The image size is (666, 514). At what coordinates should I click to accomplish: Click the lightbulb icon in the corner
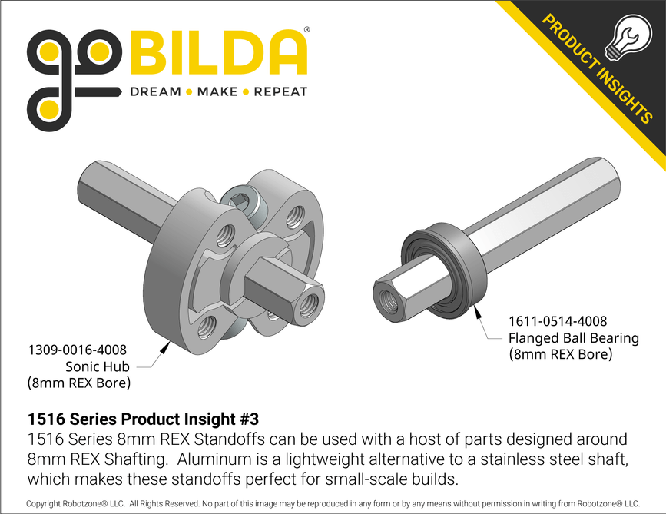pyautogui.click(x=623, y=39)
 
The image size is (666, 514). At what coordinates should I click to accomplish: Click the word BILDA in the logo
pyautogui.click(x=220, y=53)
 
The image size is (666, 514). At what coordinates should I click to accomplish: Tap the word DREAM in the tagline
pyautogui.click(x=156, y=92)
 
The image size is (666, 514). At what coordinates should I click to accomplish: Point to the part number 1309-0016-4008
pyautogui.click(x=77, y=350)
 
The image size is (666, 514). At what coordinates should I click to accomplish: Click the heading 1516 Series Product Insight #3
pyautogui.click(x=143, y=419)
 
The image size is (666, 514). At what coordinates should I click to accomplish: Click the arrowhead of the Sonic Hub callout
pyautogui.click(x=167, y=345)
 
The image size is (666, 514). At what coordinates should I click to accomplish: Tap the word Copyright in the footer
pyautogui.click(x=52, y=504)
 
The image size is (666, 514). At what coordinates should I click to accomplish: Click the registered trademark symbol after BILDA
pyautogui.click(x=307, y=29)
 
